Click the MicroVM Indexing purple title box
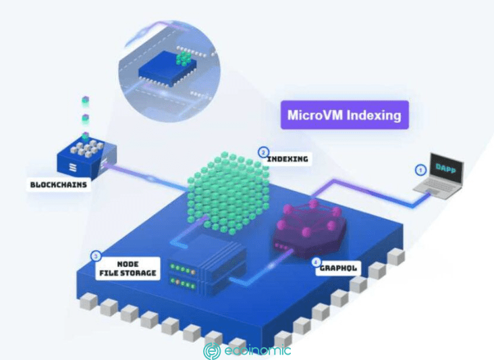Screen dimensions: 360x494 pyautogui.click(x=344, y=115)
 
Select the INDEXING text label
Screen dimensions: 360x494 pyautogui.click(x=287, y=159)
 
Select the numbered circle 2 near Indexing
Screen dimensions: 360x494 pyautogui.click(x=263, y=152)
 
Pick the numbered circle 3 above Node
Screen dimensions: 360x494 pyautogui.click(x=96, y=257)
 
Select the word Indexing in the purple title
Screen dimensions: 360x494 pyautogui.click(x=373, y=115)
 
